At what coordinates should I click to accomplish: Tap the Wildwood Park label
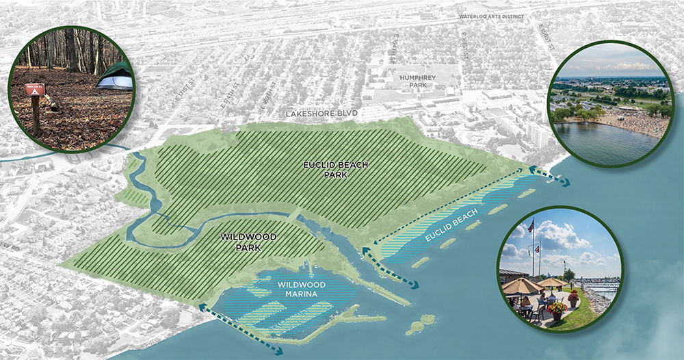coord(249,242)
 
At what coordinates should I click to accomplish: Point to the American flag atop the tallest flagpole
coord(531,225)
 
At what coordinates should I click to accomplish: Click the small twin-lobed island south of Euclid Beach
coord(422,323)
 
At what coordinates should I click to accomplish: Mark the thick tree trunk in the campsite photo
coord(71,48)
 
